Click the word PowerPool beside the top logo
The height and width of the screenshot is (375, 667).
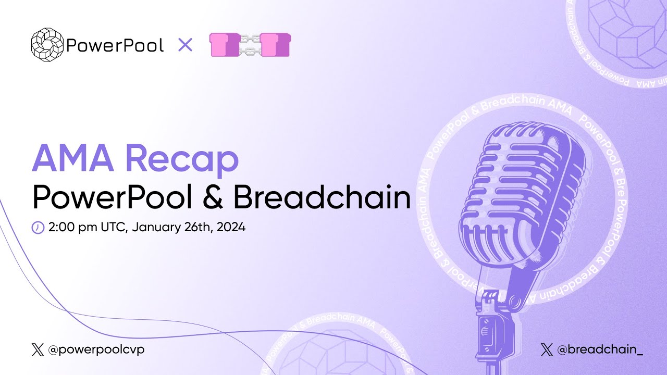[x=115, y=45]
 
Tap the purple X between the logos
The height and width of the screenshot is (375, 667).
[x=185, y=45]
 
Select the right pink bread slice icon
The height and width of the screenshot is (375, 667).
[x=275, y=45]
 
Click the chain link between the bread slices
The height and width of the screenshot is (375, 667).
[x=250, y=45]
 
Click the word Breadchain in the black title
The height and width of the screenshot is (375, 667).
[x=322, y=198]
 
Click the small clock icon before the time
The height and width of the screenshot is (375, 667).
[x=38, y=228]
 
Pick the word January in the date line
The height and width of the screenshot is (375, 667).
[x=156, y=228]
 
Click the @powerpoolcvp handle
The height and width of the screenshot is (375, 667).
[x=96, y=350]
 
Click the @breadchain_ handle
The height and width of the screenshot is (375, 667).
[x=600, y=350]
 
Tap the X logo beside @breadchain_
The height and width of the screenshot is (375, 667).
[x=547, y=350]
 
